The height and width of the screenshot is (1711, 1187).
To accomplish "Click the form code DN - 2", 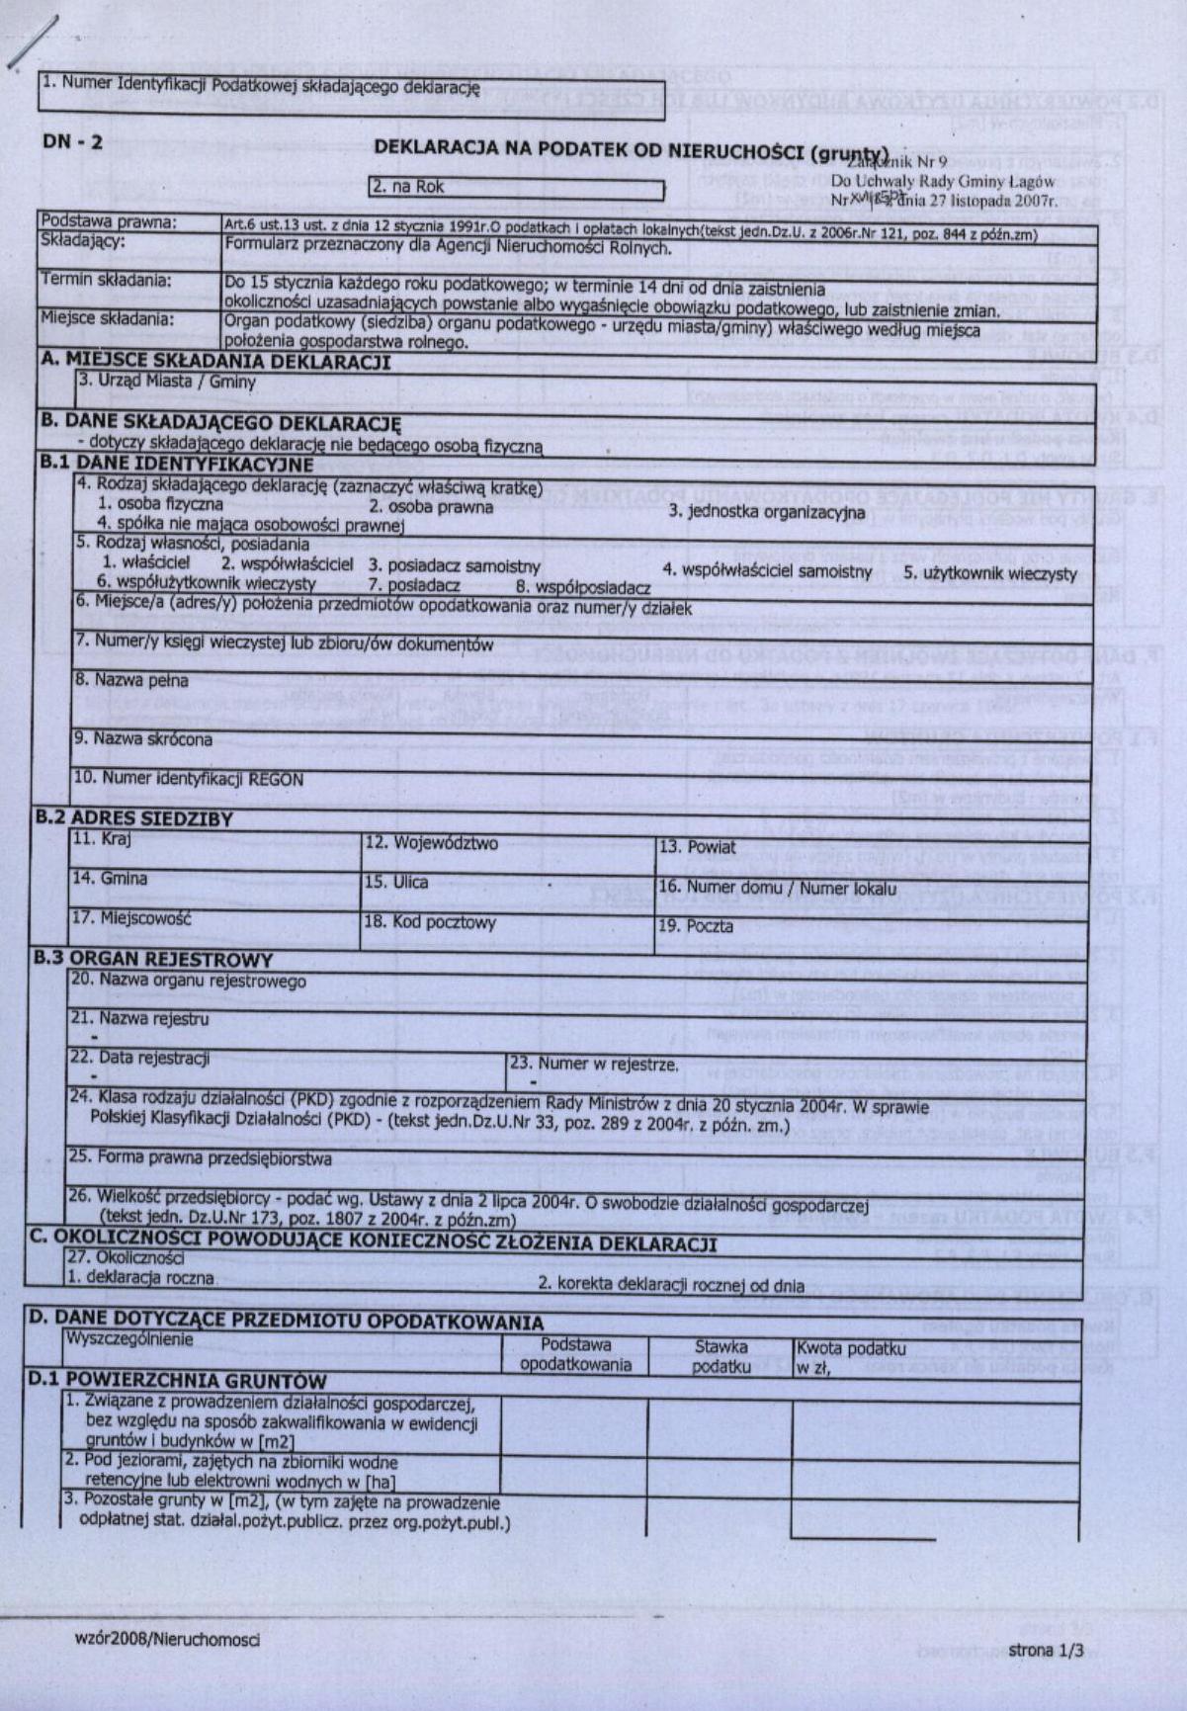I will coord(72,142).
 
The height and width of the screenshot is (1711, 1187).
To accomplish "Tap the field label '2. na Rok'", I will coord(408,186).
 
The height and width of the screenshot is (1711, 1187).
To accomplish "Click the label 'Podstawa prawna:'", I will coord(109,222).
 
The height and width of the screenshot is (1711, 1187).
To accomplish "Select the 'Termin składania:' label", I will coord(106,281).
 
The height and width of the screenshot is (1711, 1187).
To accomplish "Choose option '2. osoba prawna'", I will coord(431,507).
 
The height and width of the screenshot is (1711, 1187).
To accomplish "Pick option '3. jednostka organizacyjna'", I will coord(766,512).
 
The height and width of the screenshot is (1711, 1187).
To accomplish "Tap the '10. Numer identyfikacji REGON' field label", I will coord(189,779).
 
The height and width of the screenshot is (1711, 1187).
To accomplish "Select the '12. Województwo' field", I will coord(432,843).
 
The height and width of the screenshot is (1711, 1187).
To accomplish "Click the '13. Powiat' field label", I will coord(698,847).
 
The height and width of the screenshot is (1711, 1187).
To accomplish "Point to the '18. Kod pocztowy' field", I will coord(430,922).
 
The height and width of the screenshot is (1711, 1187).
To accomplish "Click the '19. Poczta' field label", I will coord(696,926).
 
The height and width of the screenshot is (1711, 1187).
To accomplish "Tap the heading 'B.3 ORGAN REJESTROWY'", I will coord(153,959).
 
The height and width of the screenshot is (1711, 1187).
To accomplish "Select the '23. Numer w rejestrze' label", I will coord(594,1065).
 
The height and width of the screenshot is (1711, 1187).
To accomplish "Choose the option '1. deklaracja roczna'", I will coord(139,1277).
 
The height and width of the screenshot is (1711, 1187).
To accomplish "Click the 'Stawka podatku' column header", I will coord(721,1356).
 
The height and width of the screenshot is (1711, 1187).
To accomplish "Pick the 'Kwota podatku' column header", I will coord(850,1348).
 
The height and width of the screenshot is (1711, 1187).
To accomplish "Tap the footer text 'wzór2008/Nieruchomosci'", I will coord(167,1640).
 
